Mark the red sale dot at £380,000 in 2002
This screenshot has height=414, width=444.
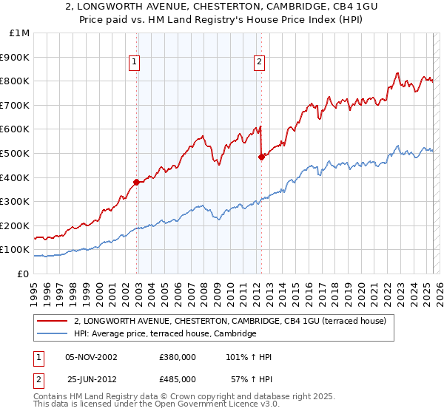[137, 182]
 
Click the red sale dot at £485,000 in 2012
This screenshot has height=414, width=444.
[261, 157]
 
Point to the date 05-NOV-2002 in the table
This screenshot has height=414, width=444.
[92, 357]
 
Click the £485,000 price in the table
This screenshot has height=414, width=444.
[177, 379]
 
